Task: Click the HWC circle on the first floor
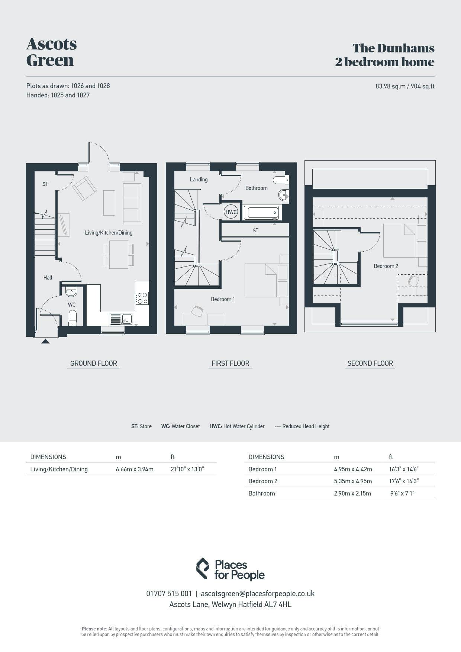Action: (231, 212)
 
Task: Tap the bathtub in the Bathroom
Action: (261, 213)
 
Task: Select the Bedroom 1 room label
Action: (223, 299)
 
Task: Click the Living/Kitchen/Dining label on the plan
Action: (109, 233)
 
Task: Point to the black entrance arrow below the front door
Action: (45, 341)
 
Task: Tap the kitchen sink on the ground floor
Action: (121, 319)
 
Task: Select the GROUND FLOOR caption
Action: (94, 364)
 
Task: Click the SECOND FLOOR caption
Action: (370, 364)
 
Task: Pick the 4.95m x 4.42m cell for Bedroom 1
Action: (353, 469)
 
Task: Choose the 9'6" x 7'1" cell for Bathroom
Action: (402, 493)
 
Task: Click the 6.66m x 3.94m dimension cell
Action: (135, 469)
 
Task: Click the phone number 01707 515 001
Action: (169, 594)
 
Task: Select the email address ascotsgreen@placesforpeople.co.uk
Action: (258, 594)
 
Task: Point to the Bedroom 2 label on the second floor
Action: (386, 266)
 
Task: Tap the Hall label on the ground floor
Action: (48, 278)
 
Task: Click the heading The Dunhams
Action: (393, 48)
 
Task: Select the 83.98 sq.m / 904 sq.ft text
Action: (405, 86)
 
